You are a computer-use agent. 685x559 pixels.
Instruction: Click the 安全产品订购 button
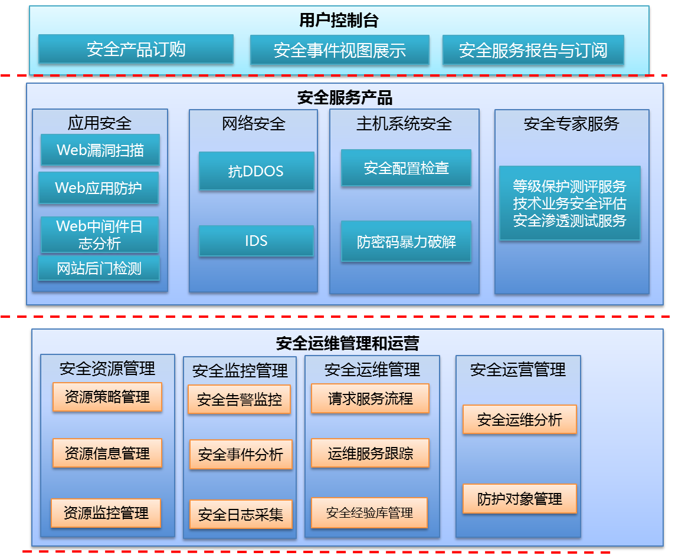136,49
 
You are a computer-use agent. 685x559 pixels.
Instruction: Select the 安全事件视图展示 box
339,50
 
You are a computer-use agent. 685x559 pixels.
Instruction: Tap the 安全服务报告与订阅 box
533,50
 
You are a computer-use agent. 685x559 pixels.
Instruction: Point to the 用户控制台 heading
339,21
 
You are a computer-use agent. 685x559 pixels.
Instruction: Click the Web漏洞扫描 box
100,150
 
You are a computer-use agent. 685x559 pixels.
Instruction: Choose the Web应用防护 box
99,188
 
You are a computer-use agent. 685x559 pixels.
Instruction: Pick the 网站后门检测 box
99,269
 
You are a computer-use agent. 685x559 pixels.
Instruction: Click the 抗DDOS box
256,171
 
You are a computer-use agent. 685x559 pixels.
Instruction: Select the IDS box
256,241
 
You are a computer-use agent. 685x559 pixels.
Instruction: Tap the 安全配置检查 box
406,168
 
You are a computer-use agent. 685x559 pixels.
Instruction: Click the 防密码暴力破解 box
406,241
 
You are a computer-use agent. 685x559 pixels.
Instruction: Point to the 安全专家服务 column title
571,124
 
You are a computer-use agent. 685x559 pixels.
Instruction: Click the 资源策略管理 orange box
107,397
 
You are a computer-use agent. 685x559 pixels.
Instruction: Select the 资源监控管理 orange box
106,512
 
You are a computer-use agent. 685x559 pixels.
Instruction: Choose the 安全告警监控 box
239,399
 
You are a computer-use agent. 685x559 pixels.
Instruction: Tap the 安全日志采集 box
241,514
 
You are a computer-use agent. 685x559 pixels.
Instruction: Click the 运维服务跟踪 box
370,453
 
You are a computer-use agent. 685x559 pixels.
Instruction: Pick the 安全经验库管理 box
369,512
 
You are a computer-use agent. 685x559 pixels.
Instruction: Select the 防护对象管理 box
519,499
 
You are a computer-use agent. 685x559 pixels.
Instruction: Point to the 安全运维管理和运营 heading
348,343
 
